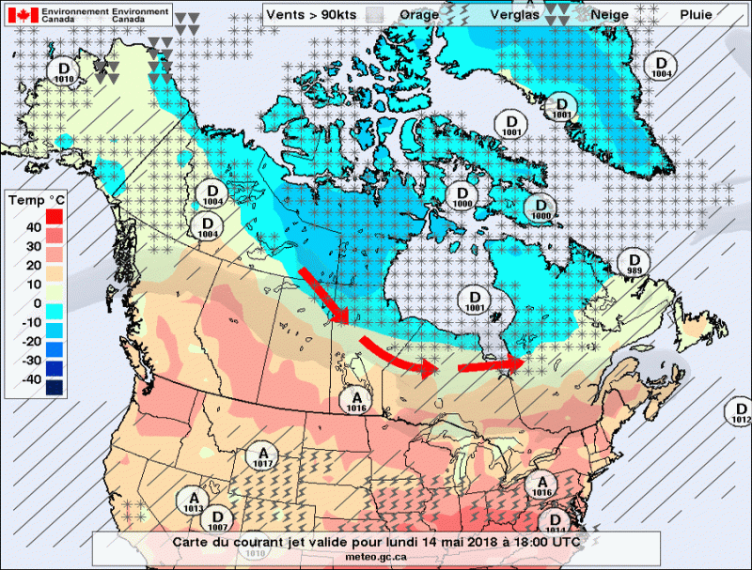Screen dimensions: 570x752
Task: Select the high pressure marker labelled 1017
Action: tap(262, 457)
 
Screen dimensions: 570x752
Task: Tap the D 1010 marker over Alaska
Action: tap(64, 72)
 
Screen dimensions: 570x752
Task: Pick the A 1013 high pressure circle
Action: tap(194, 501)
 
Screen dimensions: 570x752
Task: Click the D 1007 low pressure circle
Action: tap(218, 519)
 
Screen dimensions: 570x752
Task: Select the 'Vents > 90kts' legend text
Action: tap(311, 15)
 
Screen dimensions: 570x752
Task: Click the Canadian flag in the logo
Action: tap(23, 15)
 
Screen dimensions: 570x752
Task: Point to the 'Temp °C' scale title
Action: tap(37, 200)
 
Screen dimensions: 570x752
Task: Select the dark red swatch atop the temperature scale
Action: tap(54, 216)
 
